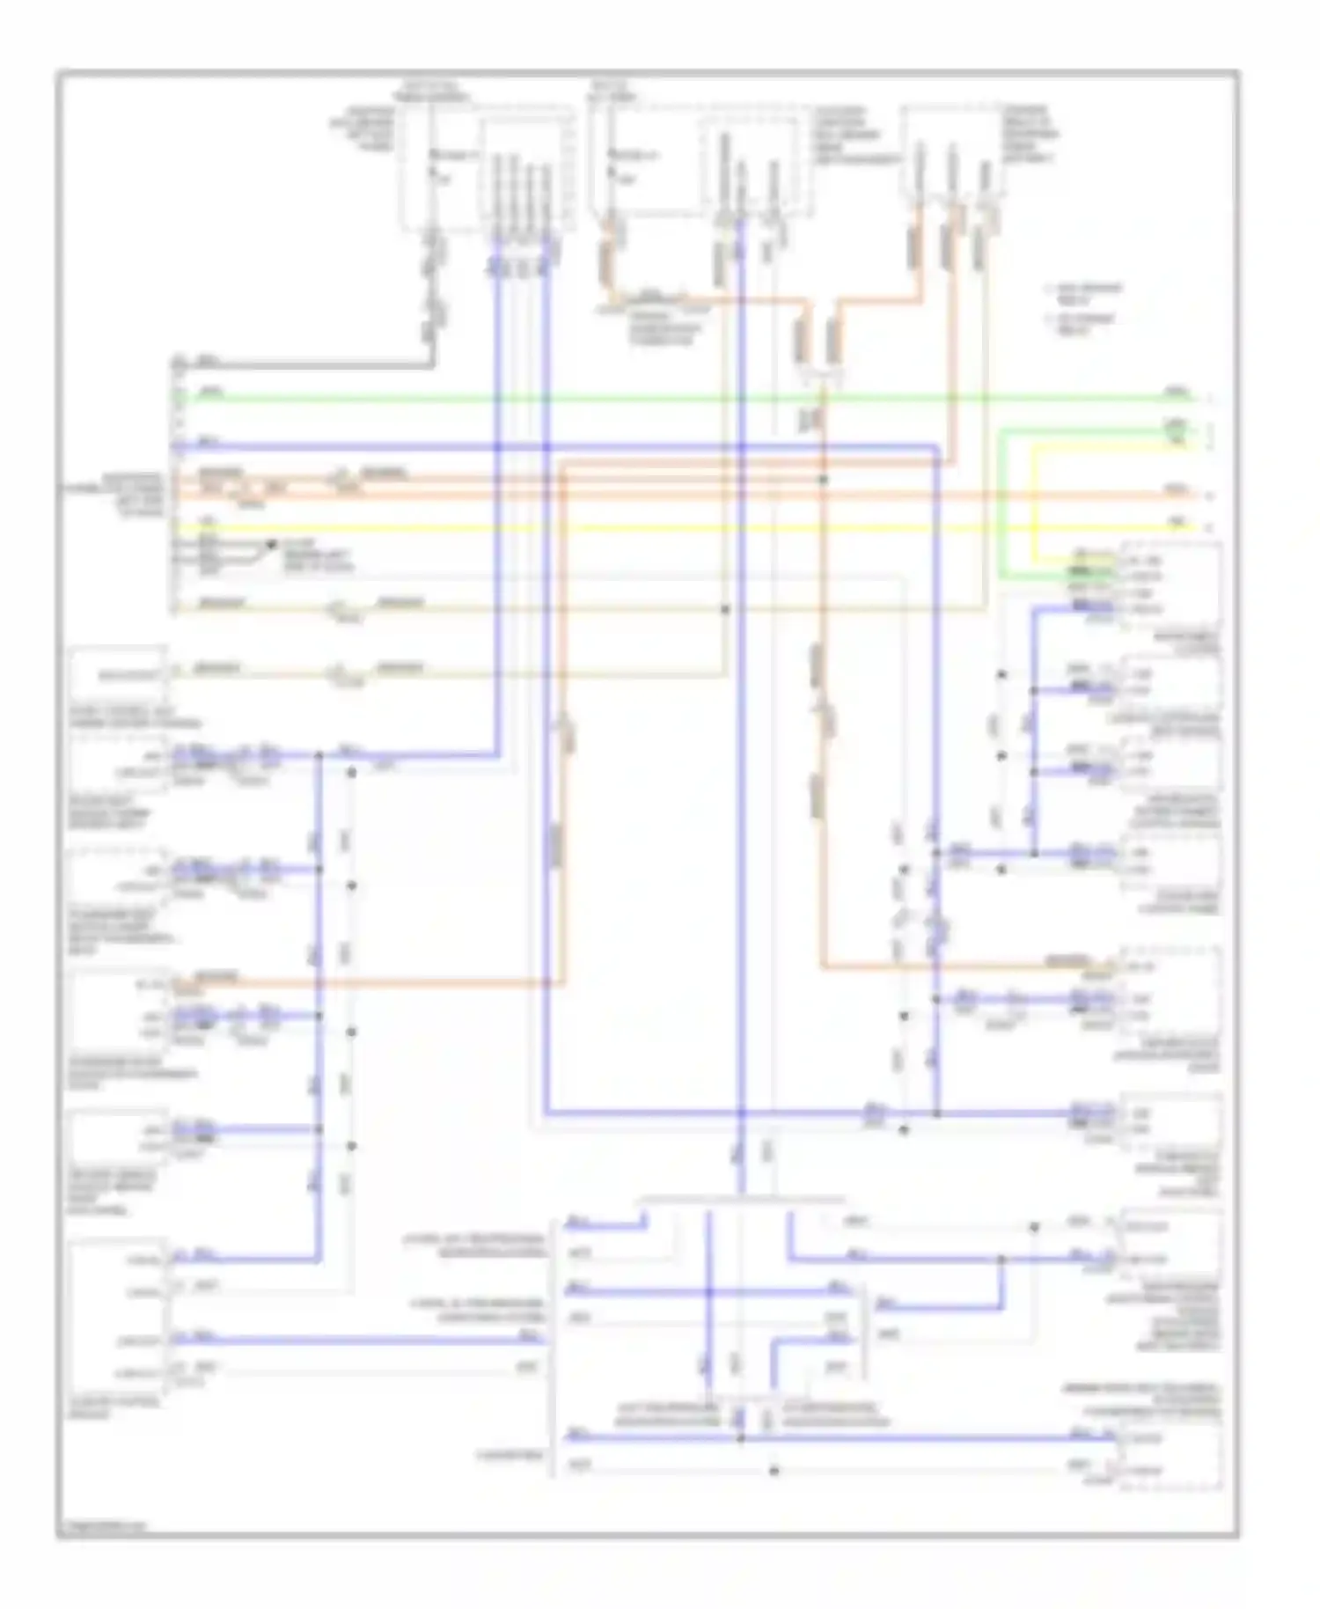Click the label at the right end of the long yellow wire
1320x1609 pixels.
[x=1177, y=523]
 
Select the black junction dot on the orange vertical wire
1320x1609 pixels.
[x=824, y=481]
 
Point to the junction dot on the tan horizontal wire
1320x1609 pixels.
[x=725, y=609]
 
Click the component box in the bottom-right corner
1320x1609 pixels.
[x=1170, y=1454]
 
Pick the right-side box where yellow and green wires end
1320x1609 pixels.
[x=1170, y=584]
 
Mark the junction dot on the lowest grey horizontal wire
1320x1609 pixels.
[x=774, y=1470]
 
